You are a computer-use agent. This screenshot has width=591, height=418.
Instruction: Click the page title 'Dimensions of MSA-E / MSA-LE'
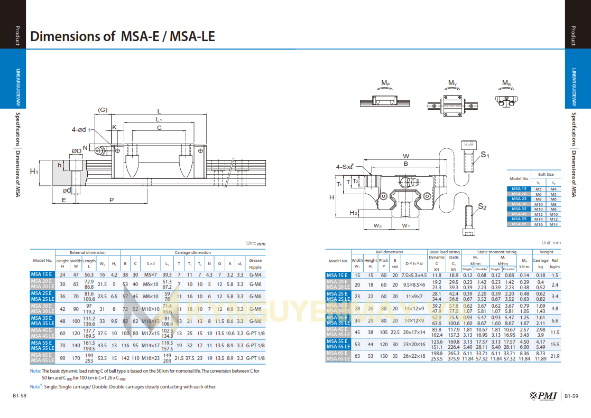pos(123,36)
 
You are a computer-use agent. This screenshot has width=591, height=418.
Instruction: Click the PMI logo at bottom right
pos(541,396)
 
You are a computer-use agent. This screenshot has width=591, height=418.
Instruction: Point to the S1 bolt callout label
pos(485,155)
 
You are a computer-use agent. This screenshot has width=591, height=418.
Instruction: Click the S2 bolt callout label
pos(482,207)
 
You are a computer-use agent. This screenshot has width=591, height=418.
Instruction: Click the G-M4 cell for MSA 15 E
pos(255,275)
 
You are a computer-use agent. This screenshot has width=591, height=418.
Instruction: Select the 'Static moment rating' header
pos(496,252)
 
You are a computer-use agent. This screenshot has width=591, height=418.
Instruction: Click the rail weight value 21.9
pos(555,356)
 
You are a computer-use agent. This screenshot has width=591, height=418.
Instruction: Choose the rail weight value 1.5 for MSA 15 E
pos(555,275)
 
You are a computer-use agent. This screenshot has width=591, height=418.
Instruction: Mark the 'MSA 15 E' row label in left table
pos(42,275)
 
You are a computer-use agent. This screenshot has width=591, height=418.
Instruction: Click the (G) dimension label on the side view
pos(103,110)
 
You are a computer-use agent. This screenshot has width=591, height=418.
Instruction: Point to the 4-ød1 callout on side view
pos(81,129)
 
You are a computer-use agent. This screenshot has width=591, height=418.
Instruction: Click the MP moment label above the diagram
pos(385,83)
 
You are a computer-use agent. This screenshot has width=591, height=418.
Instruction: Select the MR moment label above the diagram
pos(506,83)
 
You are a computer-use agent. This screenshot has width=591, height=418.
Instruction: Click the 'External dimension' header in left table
pos(88,252)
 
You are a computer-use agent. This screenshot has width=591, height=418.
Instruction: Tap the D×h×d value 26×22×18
pos(413,356)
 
